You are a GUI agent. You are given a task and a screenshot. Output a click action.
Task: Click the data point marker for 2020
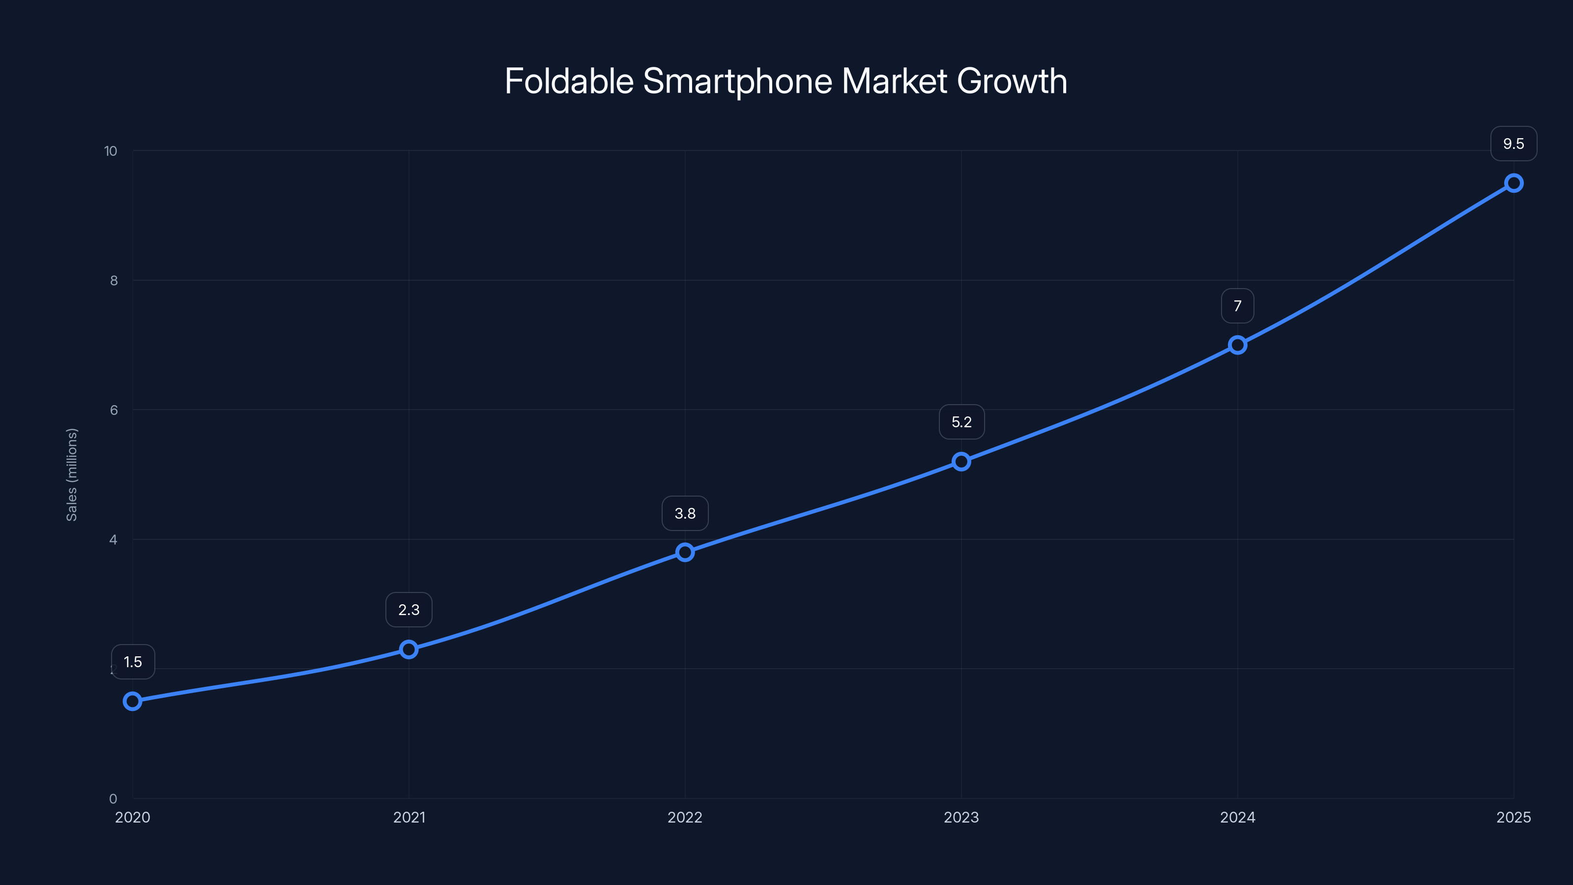click(x=133, y=701)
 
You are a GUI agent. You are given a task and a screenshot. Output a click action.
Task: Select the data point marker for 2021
click(x=409, y=649)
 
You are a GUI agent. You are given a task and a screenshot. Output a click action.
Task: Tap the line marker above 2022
click(x=685, y=552)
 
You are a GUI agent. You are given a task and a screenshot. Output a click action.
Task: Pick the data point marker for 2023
click(x=961, y=462)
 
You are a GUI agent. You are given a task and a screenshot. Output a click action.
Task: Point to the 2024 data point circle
click(x=1238, y=345)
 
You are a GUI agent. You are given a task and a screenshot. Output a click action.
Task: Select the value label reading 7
click(x=1238, y=306)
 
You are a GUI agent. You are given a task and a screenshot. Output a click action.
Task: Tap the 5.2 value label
click(x=961, y=422)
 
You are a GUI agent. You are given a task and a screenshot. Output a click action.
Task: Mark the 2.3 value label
click(x=409, y=610)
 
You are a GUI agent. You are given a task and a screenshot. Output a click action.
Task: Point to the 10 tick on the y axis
click(x=111, y=151)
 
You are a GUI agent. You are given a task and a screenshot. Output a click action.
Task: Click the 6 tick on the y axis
click(x=114, y=411)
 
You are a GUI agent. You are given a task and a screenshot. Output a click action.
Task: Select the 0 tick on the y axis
click(x=113, y=799)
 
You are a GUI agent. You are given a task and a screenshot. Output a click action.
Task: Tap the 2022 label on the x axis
click(x=685, y=818)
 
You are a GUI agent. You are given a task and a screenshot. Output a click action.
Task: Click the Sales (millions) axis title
click(x=71, y=474)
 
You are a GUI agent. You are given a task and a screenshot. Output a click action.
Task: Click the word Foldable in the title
click(x=569, y=81)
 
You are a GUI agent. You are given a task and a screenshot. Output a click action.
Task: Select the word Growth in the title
click(x=1012, y=81)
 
